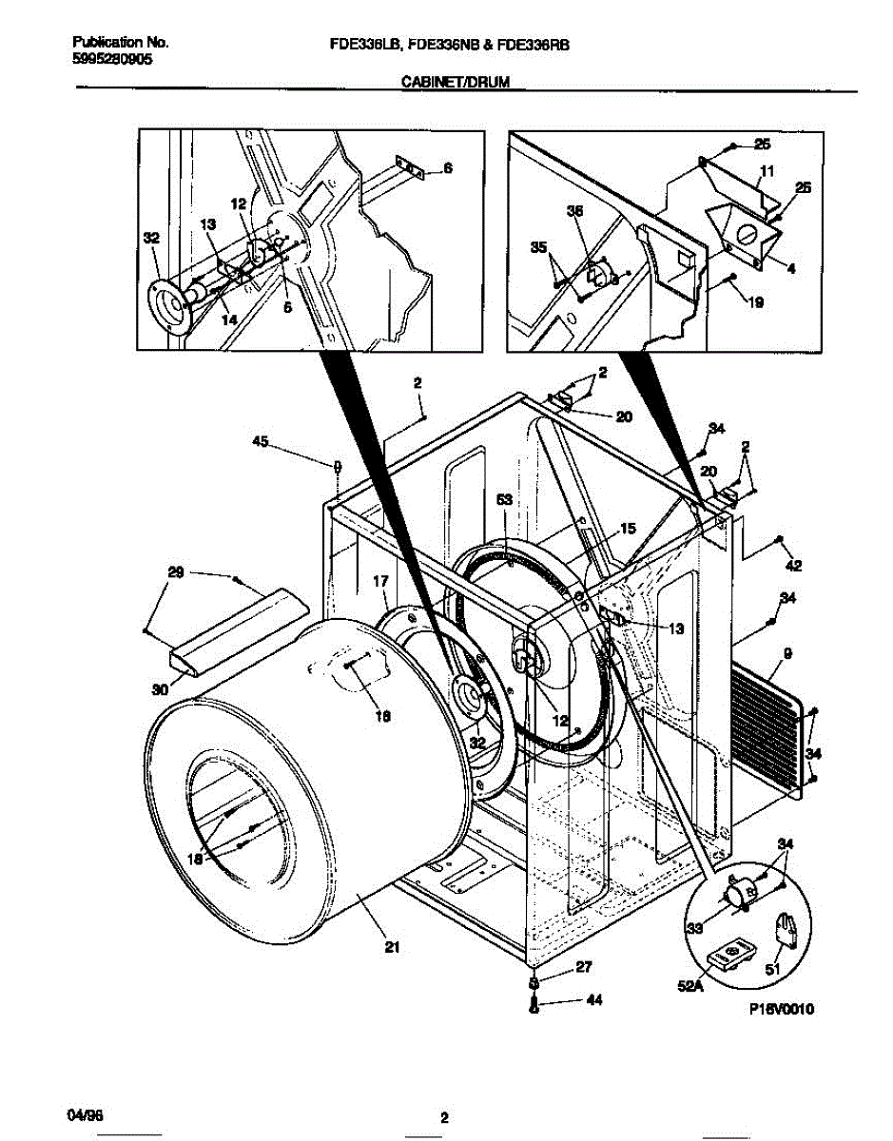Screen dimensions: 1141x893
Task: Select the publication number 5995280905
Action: click(x=112, y=58)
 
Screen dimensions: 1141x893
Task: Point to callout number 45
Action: click(x=260, y=440)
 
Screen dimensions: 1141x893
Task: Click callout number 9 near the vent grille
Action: click(x=787, y=653)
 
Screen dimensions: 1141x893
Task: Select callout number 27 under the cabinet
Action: click(x=583, y=967)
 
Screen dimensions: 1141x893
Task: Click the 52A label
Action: click(x=698, y=987)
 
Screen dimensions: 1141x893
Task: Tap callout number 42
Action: click(x=794, y=567)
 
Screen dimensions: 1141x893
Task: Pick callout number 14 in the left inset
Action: click(x=229, y=321)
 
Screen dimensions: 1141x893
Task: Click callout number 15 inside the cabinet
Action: click(x=627, y=529)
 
